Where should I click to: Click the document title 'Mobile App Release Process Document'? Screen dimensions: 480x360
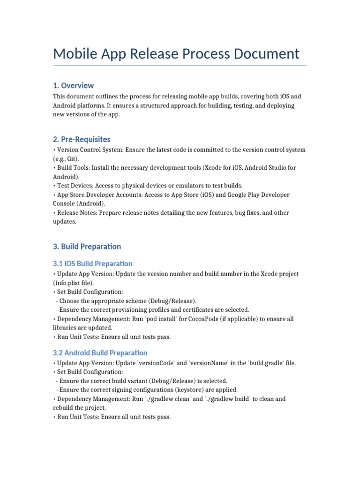tap(176, 53)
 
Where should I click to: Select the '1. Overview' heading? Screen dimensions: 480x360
tap(73, 85)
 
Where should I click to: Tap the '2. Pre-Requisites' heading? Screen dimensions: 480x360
tap(82, 139)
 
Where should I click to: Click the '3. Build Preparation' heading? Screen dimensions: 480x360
tap(87, 247)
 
